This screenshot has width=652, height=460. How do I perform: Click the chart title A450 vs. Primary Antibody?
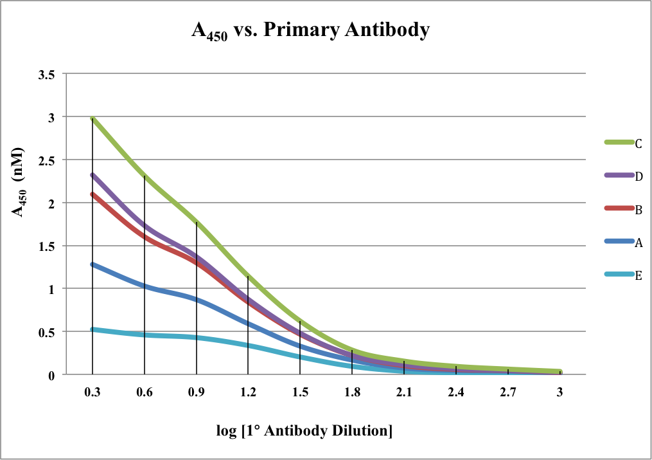(x=310, y=31)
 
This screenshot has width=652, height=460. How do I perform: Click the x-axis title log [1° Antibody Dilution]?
(x=304, y=430)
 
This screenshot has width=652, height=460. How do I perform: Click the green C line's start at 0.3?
(x=93, y=118)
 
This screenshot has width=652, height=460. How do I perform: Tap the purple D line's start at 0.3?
(x=93, y=175)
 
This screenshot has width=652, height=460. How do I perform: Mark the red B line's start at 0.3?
(x=93, y=194)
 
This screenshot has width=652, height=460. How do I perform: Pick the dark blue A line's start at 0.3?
(x=93, y=264)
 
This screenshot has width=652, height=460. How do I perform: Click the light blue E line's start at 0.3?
(x=93, y=329)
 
